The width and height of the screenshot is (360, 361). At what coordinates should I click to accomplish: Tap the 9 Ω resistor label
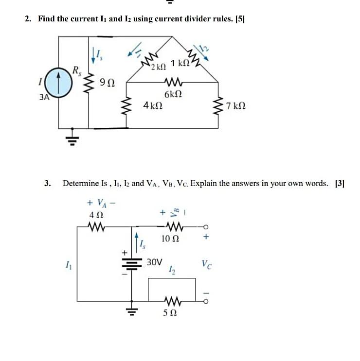click(107, 84)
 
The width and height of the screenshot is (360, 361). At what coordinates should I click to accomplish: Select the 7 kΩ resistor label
click(235, 105)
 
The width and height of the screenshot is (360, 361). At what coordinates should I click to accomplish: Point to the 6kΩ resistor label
click(173, 94)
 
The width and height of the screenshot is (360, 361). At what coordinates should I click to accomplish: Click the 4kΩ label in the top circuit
click(153, 105)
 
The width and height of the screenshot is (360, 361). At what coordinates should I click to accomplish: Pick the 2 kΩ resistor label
click(159, 66)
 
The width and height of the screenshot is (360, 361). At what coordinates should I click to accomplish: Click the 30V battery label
click(155, 262)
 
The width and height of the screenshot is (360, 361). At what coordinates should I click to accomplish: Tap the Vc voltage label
click(206, 265)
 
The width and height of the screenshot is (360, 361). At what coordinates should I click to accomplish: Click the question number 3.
click(47, 183)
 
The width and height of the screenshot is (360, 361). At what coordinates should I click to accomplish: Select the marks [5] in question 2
click(240, 19)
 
